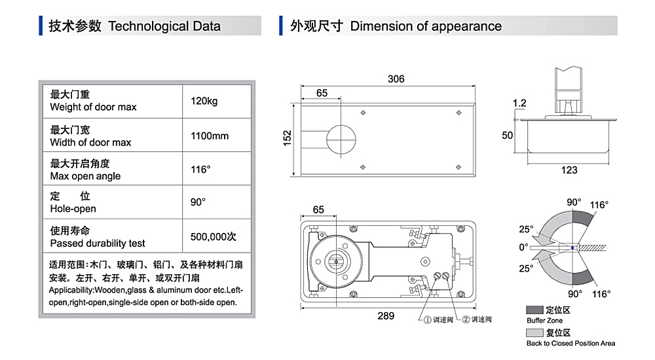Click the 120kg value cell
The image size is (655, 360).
coord(204,101)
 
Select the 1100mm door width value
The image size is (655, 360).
coord(210,135)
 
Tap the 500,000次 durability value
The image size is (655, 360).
coord(213,237)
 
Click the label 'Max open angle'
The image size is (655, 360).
coord(85,176)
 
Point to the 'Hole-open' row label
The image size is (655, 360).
coord(73,209)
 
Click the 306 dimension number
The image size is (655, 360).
coord(396,79)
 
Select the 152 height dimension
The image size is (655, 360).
coord(287,138)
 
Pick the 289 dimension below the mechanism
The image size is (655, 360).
coord(386,315)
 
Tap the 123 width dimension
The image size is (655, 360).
coord(569,170)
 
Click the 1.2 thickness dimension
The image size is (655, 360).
coord(519,103)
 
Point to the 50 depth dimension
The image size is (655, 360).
coord(507,135)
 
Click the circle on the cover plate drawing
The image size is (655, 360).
coord(341,139)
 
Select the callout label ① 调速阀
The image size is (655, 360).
coord(438,320)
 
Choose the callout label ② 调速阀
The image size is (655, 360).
coord(477,319)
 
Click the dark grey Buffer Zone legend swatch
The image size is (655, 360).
coord(534,310)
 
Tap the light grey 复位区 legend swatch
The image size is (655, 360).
coord(534,333)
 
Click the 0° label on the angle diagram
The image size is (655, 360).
coord(523,247)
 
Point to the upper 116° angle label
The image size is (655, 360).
coord(599,205)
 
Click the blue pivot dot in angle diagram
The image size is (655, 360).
coord(572,248)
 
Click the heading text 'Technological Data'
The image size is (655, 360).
coord(164,26)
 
